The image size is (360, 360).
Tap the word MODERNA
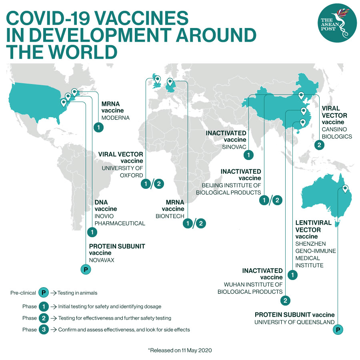pyautogui.click(x=116, y=118)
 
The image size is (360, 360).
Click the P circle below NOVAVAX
pyautogui.click(x=85, y=270)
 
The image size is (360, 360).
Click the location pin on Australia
pyautogui.click(x=345, y=188)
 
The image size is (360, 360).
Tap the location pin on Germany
pyautogui.click(x=170, y=82)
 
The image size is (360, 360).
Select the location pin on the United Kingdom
pyautogui.click(x=157, y=80)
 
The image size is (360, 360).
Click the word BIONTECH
pyautogui.click(x=170, y=216)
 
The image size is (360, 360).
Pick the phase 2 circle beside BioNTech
pyautogui.click(x=201, y=224)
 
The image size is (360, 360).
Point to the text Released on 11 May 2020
pyautogui.click(x=180, y=350)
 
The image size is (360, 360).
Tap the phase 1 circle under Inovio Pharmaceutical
pyautogui.click(x=92, y=232)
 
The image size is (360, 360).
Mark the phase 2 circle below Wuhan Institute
pyautogui.click(x=285, y=300)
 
